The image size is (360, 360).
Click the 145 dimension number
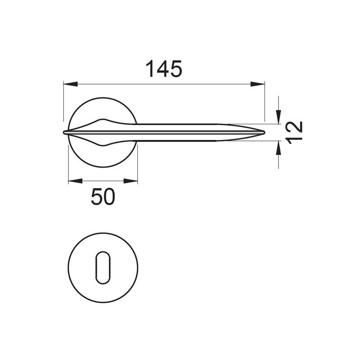pos(164,69)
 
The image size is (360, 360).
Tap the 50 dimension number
pos(103,197)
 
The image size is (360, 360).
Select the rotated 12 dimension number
pos(296,132)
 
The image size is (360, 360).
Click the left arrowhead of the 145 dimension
pos(70,84)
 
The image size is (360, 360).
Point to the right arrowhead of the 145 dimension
pos(257,84)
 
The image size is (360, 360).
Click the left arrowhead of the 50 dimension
pos(75,181)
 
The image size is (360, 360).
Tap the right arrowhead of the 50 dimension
pos(130,181)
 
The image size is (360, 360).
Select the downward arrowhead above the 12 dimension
pos(279,117)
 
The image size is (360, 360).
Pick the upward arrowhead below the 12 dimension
pos(279,148)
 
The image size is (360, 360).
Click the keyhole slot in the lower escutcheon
pos(103,267)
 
